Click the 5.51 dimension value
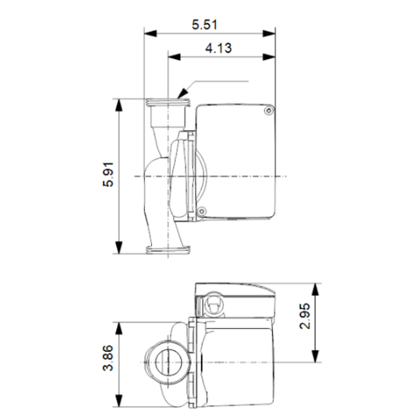click(x=210, y=25)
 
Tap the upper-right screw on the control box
click(x=268, y=110)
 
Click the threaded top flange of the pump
click(x=168, y=103)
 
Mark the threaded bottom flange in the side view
click(x=168, y=251)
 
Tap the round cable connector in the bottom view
click(x=214, y=306)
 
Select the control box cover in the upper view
click(x=235, y=161)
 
